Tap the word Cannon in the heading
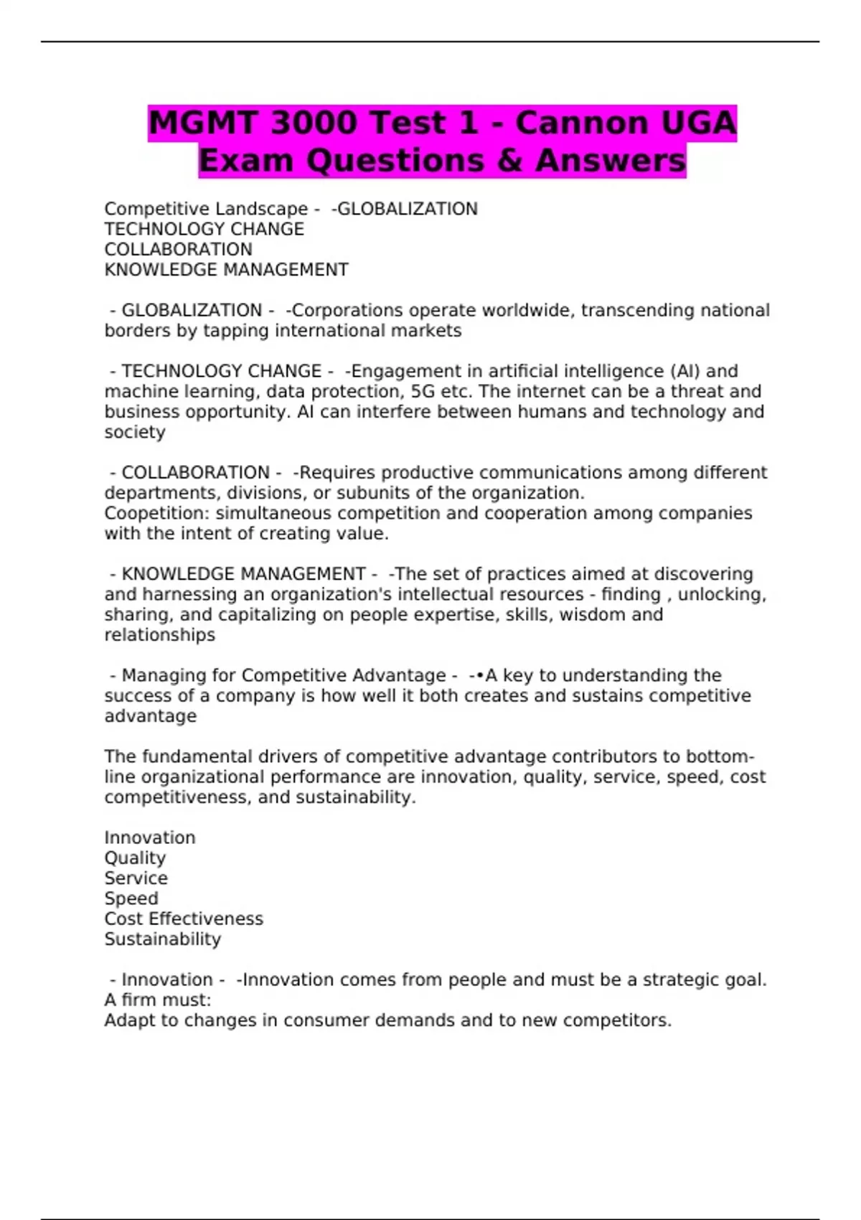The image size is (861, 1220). pyautogui.click(x=580, y=123)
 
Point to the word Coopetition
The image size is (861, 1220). pyautogui.click(x=156, y=514)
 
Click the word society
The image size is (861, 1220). pyautogui.click(x=135, y=433)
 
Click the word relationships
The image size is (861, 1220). pyautogui.click(x=159, y=635)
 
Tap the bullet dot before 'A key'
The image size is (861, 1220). pyautogui.click(x=480, y=676)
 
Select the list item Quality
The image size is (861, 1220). pyautogui.click(x=135, y=858)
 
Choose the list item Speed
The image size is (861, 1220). pyautogui.click(x=131, y=898)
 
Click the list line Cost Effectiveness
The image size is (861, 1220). pyautogui.click(x=184, y=919)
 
